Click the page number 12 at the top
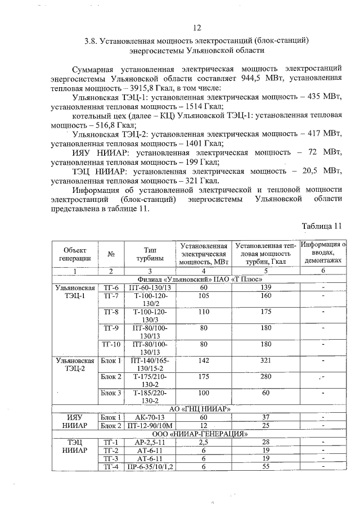click(196, 28)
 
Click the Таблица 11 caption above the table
click(322, 227)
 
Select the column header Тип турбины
click(149, 254)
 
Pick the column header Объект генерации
click(75, 254)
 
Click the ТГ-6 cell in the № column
click(111, 287)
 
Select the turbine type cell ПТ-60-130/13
click(149, 287)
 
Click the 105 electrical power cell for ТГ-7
click(204, 296)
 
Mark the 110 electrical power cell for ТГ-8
click(204, 312)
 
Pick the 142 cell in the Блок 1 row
click(204, 360)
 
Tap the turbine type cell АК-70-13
click(149, 417)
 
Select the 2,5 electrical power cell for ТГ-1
click(204, 442)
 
